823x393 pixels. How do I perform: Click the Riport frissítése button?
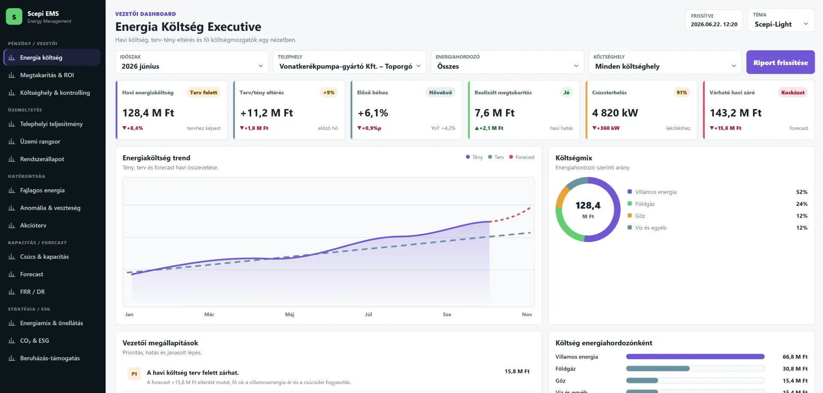click(x=780, y=62)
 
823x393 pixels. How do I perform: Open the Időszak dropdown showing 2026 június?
click(x=192, y=62)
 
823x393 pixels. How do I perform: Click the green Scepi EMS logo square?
click(x=14, y=17)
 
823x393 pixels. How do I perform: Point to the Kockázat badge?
click(x=793, y=92)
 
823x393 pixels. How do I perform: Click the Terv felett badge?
click(x=203, y=92)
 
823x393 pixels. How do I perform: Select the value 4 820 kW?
click(x=615, y=113)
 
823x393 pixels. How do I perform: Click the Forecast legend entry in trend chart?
click(x=522, y=157)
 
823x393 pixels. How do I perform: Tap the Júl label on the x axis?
click(x=368, y=314)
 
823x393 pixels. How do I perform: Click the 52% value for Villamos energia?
click(x=802, y=192)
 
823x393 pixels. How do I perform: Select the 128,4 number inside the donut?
click(x=588, y=206)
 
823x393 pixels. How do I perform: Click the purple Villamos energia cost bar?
click(x=695, y=357)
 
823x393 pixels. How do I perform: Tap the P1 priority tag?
click(x=134, y=374)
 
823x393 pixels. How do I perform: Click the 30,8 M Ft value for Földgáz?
click(x=795, y=369)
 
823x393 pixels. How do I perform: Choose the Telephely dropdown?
click(x=349, y=62)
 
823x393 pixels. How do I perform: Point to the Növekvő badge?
click(x=440, y=92)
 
